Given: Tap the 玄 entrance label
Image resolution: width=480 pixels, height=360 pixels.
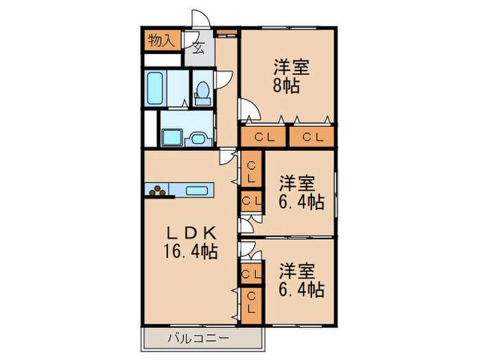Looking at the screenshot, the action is point(199,47).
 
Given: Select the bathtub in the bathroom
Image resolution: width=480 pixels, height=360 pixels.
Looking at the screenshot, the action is point(155,88).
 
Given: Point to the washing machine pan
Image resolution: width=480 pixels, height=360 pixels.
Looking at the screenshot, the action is point(172,137).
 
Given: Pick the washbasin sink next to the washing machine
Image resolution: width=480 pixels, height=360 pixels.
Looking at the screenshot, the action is point(197,139).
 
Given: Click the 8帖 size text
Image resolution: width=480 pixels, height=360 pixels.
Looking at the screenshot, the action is point(287,86).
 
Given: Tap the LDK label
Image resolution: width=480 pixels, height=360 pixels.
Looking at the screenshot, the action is point(191,234).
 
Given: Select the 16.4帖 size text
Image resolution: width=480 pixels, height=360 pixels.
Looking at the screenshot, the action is point(191,252).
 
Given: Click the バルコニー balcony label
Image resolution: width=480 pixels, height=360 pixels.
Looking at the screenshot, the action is point(198,339).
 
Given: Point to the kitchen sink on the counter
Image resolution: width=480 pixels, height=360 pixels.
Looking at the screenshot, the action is point(197,191).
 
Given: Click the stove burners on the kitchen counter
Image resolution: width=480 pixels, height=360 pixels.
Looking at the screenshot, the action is point(157,191).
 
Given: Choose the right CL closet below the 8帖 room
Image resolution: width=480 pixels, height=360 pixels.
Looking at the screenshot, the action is point(312,137).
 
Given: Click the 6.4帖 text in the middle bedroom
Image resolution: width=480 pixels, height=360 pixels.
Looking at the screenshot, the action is point(302,202).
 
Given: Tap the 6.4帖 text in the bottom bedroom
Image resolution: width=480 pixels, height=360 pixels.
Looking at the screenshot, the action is point(302,289).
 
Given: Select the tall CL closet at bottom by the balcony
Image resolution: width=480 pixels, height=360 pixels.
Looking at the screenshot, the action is point(252,306).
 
